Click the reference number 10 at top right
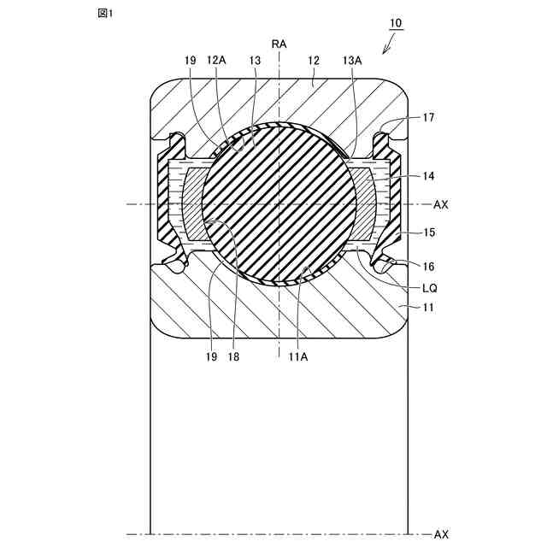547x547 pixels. point(396,23)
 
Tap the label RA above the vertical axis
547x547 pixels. point(279,44)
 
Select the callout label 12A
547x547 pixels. point(216,61)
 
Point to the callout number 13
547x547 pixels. point(255,61)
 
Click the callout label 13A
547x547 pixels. point(352,61)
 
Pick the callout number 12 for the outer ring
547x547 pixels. point(314,61)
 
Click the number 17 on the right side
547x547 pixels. point(428,118)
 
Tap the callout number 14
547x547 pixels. point(428,176)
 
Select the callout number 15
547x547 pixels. point(429,232)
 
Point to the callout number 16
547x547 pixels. point(428,267)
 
